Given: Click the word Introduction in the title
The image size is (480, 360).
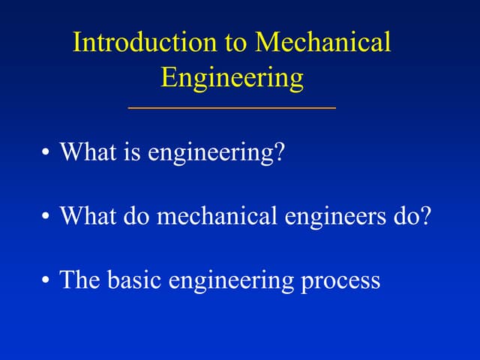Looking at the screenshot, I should click(137, 43).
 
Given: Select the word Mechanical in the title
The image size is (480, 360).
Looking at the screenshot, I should click(323, 43).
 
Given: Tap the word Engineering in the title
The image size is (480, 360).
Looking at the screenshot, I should click(232, 77).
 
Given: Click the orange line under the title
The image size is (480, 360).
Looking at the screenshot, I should click(232, 108).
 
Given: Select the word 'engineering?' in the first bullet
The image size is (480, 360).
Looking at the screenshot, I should click(217, 154).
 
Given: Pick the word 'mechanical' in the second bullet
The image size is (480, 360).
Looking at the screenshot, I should click(218, 217).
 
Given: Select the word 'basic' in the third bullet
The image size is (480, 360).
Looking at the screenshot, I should click(135, 280).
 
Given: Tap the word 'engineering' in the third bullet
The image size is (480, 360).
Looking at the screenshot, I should click(231, 282).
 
